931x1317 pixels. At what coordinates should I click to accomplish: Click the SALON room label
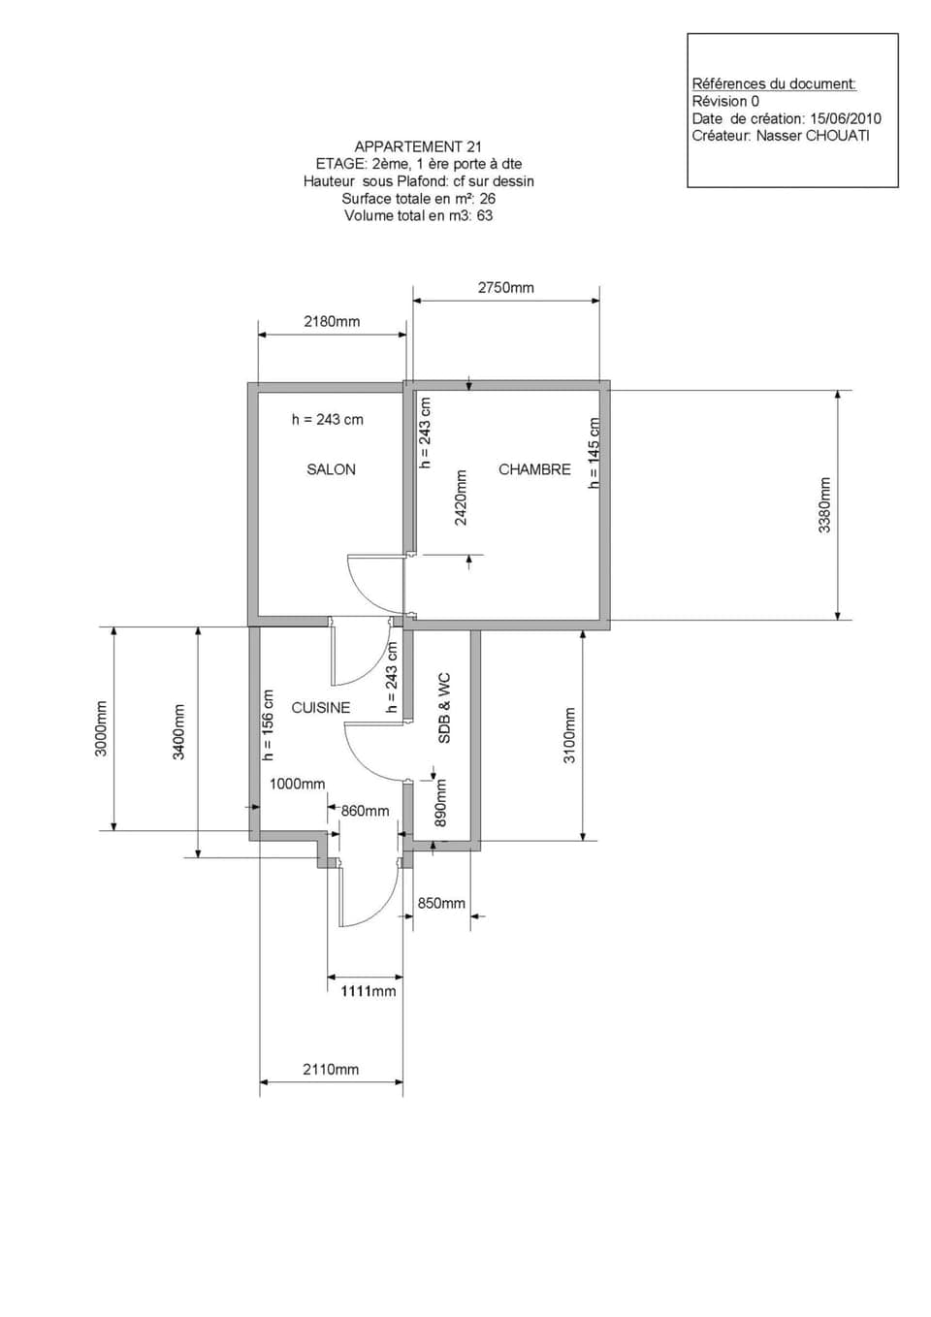[x=331, y=469]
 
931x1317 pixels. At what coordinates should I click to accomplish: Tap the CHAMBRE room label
[x=534, y=469]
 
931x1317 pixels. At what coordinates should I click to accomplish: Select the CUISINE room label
[x=320, y=708]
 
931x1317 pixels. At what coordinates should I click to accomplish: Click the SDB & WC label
[x=444, y=708]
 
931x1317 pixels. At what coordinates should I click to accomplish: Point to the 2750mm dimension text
[x=505, y=288]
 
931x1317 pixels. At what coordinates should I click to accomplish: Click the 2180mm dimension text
[x=332, y=322]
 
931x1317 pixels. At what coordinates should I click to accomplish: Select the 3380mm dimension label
[x=824, y=504]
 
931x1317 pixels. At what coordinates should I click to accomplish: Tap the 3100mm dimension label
[x=569, y=734]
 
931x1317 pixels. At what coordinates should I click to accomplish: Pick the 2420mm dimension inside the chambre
[x=461, y=498]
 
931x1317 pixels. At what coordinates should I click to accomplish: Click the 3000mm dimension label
[x=101, y=728]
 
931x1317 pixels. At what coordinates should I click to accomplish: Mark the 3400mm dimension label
[x=178, y=732]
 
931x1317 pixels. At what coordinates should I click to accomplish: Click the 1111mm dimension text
[x=368, y=991]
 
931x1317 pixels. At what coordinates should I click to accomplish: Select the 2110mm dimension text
[x=331, y=1070]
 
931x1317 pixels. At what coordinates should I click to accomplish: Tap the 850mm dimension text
[x=441, y=903]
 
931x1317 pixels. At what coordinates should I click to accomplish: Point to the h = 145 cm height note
[x=594, y=453]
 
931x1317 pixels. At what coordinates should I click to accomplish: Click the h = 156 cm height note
[x=269, y=724]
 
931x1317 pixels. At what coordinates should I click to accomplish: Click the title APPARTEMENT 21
[x=418, y=146]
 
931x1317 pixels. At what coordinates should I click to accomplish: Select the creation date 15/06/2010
[x=846, y=118]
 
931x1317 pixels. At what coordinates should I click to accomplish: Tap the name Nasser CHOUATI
[x=813, y=136]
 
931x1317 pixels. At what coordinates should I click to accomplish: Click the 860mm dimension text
[x=365, y=811]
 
